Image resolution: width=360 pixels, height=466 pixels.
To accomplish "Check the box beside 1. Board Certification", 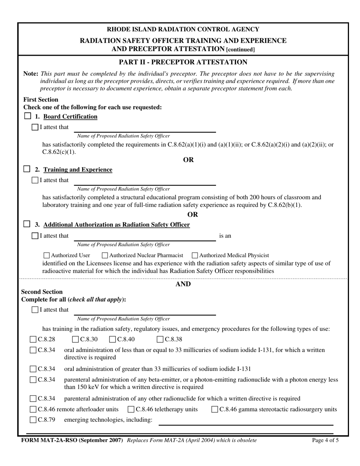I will [27, 116].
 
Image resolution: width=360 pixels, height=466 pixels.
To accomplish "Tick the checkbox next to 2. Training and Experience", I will [27, 169].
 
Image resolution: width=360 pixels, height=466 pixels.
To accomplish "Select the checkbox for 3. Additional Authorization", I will [27, 224].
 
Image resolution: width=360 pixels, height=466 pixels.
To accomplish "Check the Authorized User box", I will [47, 255].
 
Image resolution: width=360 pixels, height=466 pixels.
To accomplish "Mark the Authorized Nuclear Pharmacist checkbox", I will [105, 255].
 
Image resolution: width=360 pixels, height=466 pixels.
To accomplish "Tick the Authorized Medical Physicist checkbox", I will [195, 255].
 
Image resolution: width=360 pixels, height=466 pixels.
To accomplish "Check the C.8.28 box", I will [33, 339].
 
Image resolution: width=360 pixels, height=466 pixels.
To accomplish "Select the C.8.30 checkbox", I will [75, 339].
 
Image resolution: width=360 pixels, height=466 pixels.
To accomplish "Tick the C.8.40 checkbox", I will [113, 339].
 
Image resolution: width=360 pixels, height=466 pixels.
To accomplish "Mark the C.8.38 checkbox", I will [160, 339].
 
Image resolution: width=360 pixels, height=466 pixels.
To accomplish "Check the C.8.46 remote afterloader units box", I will [33, 409].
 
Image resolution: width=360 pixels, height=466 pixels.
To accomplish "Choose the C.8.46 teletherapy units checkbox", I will [131, 409].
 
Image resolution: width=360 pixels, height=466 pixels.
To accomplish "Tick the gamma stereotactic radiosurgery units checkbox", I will [214, 409].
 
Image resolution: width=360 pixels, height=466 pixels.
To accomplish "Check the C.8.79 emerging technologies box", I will [33, 420].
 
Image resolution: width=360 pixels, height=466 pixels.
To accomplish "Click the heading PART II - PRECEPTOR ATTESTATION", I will [183, 62].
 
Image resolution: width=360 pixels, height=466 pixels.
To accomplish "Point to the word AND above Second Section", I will [183, 284].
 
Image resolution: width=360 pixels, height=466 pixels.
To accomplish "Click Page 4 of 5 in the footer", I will [325, 440].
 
